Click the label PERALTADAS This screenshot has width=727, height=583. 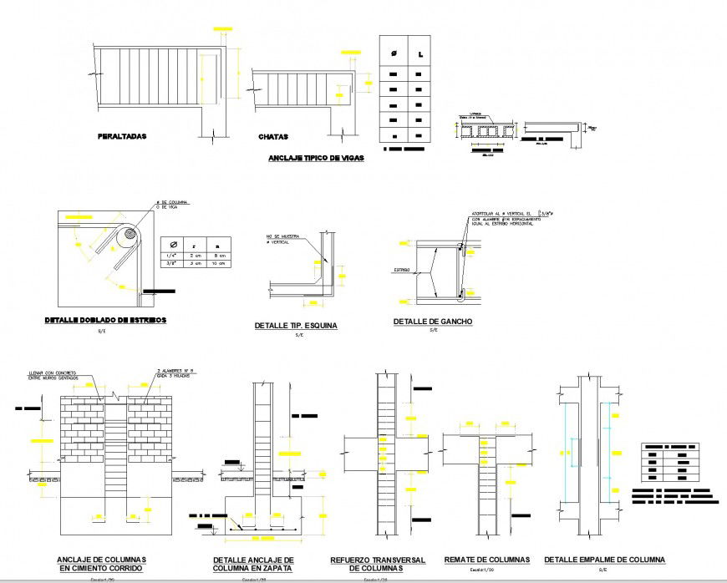(x=122, y=135)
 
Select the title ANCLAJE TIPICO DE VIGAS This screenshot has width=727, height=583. (x=315, y=158)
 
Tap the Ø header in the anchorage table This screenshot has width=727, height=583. (x=392, y=55)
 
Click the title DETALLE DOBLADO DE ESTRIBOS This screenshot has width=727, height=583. (x=105, y=320)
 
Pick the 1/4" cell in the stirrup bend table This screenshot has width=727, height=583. (x=172, y=256)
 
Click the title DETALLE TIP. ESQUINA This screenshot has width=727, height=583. (x=296, y=326)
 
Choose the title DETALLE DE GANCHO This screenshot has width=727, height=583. (x=433, y=322)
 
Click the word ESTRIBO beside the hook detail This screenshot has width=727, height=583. (x=404, y=271)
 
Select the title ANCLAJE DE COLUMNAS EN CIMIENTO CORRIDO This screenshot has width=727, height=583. (x=102, y=564)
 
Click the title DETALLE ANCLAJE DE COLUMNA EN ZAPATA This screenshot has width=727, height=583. (x=253, y=564)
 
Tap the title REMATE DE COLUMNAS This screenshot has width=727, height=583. (x=486, y=559)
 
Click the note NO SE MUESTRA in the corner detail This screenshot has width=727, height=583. (x=283, y=237)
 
